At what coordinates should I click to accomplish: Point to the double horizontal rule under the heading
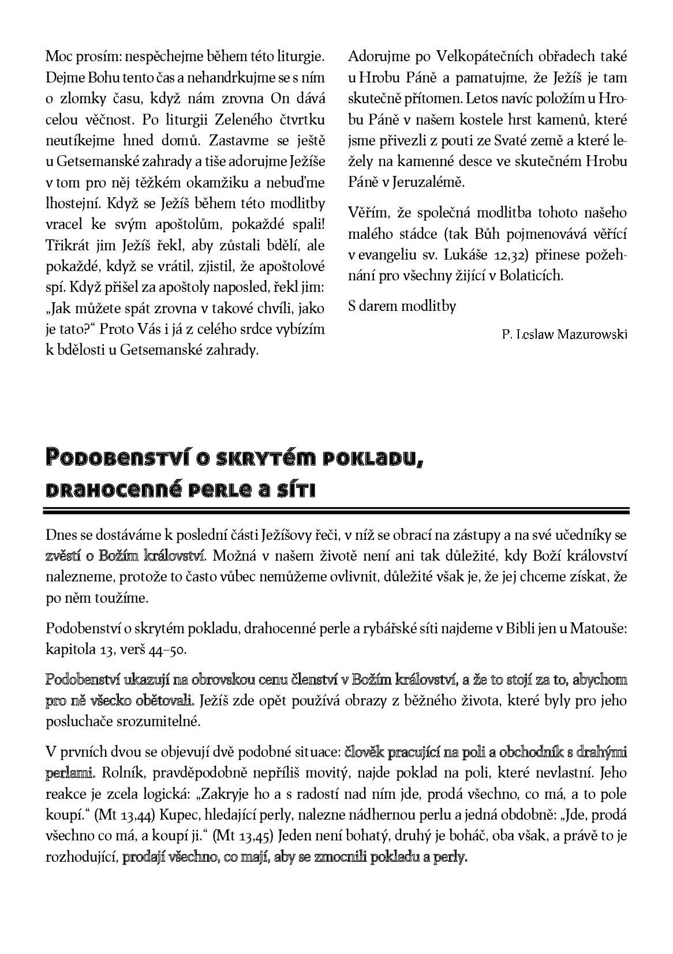pos(336,510)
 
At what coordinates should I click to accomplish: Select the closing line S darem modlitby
pos(402,306)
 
